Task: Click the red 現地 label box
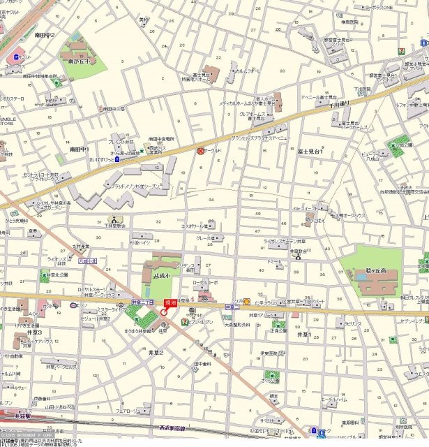click(169, 302)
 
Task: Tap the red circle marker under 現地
click(164, 312)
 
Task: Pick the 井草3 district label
click(35, 332)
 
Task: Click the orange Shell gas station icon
click(246, 302)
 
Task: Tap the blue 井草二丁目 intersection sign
click(142, 302)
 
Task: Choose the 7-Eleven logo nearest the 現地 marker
click(183, 321)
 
